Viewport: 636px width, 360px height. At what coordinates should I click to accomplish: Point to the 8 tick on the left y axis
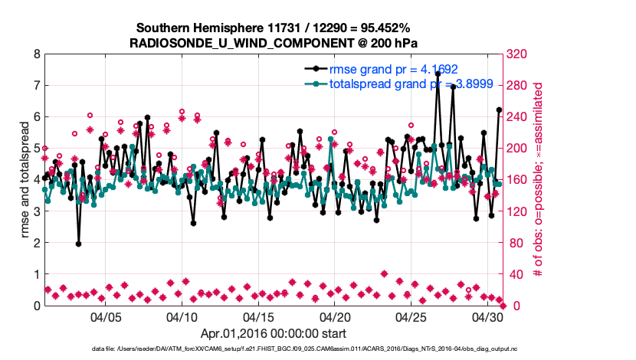tap(37, 54)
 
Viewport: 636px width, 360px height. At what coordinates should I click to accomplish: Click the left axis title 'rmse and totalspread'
tap(25, 180)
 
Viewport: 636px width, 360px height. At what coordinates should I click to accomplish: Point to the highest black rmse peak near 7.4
tap(437, 85)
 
